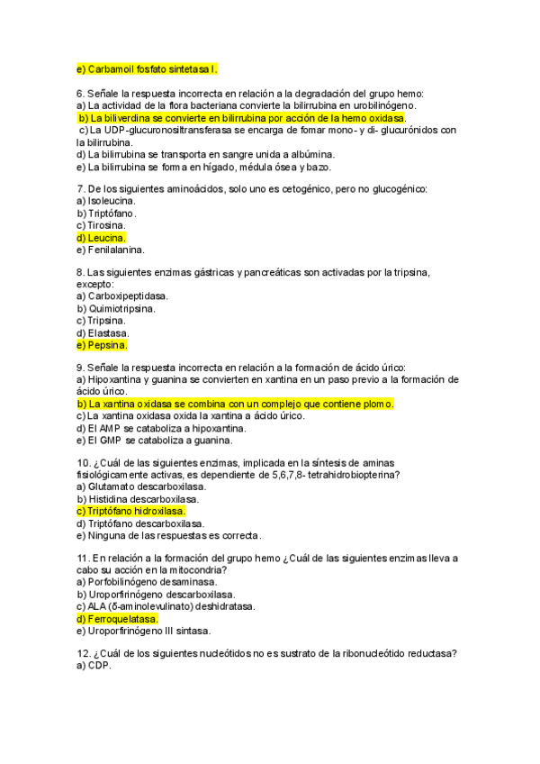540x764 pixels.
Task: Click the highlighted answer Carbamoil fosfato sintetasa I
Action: click(x=147, y=68)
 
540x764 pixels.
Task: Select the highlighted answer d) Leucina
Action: click(x=102, y=237)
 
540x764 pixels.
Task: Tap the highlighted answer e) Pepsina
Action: click(x=103, y=344)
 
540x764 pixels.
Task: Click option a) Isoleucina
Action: click(x=105, y=201)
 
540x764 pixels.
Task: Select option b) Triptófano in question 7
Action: click(x=106, y=214)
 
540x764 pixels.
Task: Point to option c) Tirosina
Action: click(x=101, y=225)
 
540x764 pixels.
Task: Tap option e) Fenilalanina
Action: click(x=111, y=250)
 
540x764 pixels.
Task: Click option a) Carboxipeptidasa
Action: click(x=122, y=296)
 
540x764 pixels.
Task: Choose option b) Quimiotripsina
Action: click(x=116, y=308)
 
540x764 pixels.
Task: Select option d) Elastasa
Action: click(x=104, y=332)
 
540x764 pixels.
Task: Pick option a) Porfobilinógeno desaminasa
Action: click(x=143, y=582)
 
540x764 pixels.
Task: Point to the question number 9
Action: click(x=81, y=368)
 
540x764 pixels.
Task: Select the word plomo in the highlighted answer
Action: click(x=375, y=405)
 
